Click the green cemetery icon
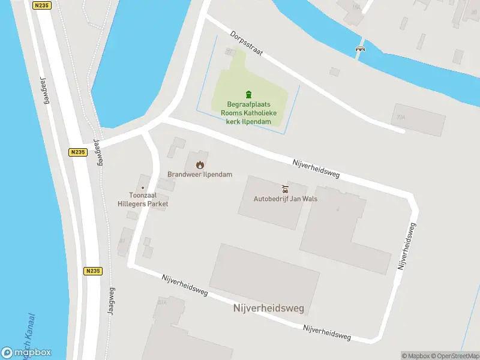pos(249,94)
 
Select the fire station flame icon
pos(199,164)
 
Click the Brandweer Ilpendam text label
pos(199,175)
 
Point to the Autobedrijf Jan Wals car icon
pos(285,188)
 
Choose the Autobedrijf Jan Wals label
pos(285,199)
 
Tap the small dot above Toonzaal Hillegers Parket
pos(143,187)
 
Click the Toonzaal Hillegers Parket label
pos(144,199)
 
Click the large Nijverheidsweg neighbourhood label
pos(268,308)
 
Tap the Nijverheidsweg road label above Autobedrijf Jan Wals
pos(316,168)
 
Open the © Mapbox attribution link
pos(415,356)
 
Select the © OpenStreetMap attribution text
pos(454,356)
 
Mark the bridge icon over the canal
pos(361,49)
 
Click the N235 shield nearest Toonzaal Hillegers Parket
pos(76,152)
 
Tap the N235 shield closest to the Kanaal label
pos(92,271)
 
